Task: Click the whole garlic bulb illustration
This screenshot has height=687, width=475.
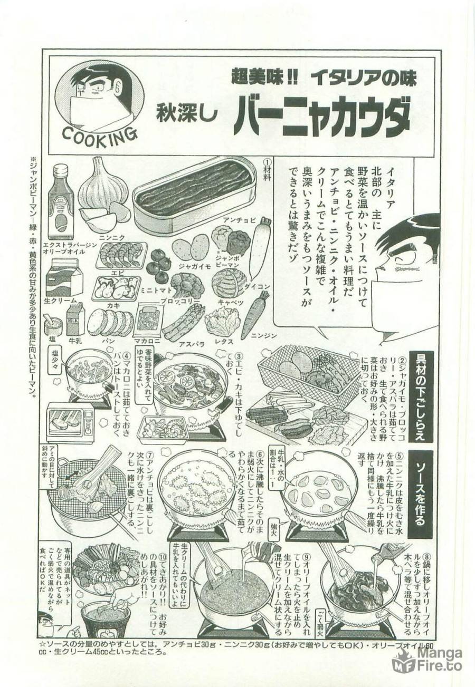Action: [103, 185]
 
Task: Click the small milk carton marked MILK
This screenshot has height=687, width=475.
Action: [75, 320]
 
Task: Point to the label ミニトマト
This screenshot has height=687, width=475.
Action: [155, 289]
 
